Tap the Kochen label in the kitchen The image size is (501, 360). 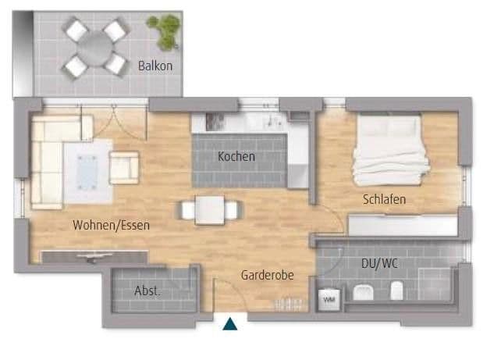coord(236,156)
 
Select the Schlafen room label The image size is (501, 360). coord(384,200)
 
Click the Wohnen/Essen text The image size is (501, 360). coord(111,225)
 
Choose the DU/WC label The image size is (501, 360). coord(380,263)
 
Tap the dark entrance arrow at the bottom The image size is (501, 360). coord(230,324)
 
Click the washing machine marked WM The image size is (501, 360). coord(329,298)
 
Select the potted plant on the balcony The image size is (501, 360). coord(166,30)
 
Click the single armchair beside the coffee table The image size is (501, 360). coord(124,166)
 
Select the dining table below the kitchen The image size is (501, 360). coord(209,209)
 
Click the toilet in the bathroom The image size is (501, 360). coord(396,292)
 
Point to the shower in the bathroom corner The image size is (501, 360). coord(434,283)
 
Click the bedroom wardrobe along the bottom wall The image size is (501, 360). coord(402,226)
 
